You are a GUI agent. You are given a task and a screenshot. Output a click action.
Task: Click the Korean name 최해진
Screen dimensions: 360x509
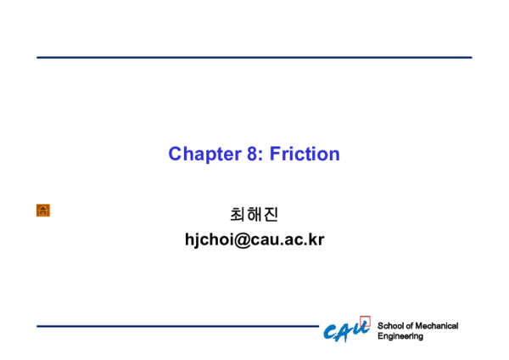click(255, 215)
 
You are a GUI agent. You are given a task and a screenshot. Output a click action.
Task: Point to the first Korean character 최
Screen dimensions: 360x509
click(238, 215)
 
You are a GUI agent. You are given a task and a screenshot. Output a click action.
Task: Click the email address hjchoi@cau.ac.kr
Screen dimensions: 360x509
click(255, 239)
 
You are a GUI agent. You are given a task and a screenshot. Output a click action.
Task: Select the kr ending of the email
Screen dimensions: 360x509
click(316, 239)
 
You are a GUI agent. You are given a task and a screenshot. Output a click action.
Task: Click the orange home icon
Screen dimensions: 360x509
click(43, 210)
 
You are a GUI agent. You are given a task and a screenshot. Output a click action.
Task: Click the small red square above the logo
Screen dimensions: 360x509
click(365, 322)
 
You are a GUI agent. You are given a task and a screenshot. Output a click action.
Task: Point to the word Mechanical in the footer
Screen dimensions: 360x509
click(437, 326)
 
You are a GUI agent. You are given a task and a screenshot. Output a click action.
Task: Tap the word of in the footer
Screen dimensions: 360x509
click(410, 326)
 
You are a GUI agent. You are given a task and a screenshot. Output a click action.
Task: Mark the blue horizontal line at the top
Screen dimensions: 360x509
click(254, 58)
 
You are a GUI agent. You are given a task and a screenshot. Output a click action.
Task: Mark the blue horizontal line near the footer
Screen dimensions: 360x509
click(178, 326)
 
